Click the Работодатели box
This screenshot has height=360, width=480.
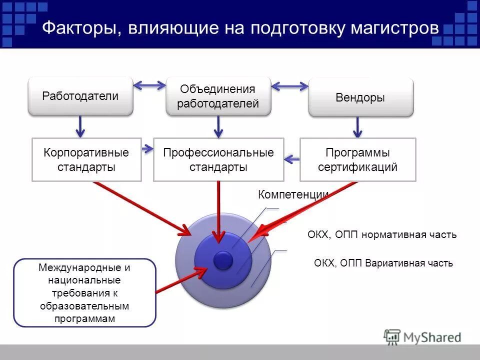coord(80,96)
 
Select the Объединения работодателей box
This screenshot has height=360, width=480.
coord(218,96)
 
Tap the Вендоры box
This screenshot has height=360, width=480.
coord(360,97)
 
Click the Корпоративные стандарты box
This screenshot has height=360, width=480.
coord(86,159)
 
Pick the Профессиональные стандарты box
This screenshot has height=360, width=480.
coord(218,159)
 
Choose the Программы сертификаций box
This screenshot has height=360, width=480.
coord(357,159)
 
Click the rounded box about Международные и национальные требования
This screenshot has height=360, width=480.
coord(84,292)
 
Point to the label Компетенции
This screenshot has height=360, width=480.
coord(293,195)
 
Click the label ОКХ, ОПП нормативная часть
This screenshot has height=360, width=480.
coord(382,235)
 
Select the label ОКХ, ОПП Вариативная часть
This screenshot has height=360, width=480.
coord(383,263)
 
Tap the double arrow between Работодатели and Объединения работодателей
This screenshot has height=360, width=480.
coord(149,85)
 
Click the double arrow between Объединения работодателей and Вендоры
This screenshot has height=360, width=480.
coord(289,86)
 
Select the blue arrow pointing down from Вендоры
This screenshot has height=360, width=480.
coord(357,127)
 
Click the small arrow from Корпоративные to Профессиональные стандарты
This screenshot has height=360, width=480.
coord(147,148)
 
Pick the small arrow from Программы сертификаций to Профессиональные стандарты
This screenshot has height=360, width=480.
coord(291,160)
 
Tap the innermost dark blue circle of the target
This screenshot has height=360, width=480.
coord(223,260)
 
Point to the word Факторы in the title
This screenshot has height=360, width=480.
coord(80,28)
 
